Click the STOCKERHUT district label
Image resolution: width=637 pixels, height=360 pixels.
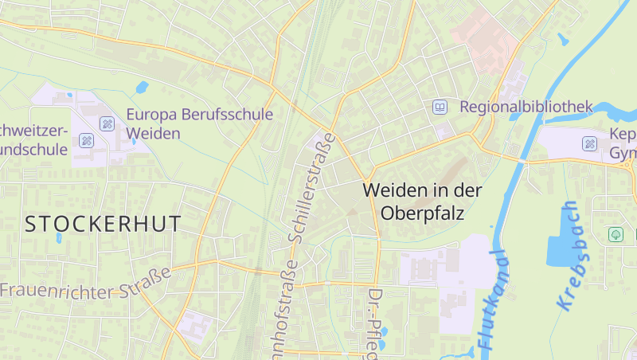[x=104, y=224]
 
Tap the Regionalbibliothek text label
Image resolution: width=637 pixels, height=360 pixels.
[x=526, y=106]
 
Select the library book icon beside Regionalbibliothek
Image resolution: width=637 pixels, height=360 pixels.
[x=440, y=106]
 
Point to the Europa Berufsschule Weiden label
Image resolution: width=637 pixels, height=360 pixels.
[x=199, y=123]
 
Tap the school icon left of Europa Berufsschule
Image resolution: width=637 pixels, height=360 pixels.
[x=107, y=123]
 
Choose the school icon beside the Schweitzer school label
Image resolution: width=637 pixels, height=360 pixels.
[x=87, y=141]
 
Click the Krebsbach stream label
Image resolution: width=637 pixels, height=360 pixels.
[x=568, y=256]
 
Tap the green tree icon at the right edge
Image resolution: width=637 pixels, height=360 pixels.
[x=615, y=234]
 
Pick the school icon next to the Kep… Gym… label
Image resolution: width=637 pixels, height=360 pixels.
[x=589, y=143]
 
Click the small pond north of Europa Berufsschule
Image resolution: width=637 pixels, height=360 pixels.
[x=142, y=87]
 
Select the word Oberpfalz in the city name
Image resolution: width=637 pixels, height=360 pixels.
[x=422, y=213]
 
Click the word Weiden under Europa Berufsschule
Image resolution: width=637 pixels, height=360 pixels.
[x=154, y=133]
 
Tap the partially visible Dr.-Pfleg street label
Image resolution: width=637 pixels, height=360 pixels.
[x=373, y=323]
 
